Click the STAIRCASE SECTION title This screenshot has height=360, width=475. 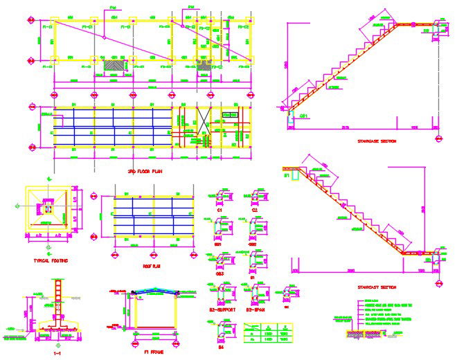(377, 141)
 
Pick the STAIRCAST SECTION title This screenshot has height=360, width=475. (377, 286)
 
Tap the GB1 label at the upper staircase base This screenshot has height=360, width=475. (304, 114)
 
